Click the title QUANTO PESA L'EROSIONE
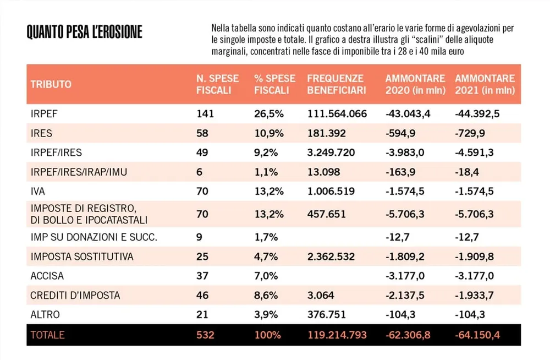pyautogui.click(x=85, y=32)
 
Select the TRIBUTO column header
pyautogui.click(x=51, y=84)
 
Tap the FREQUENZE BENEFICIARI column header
pyautogui.click(x=337, y=84)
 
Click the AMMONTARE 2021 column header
pyautogui.click(x=485, y=84)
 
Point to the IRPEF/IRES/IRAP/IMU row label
pyautogui.click(x=79, y=172)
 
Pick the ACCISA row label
pyautogui.click(x=47, y=276)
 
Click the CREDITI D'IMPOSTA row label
pyautogui.click(x=75, y=296)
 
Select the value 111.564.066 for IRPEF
pyautogui.click(x=337, y=114)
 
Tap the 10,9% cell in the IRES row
pyautogui.click(x=269, y=133)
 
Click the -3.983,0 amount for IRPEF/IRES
pyautogui.click(x=405, y=152)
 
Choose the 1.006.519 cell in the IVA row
pyautogui.click(x=331, y=192)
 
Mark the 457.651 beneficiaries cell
pyautogui.click(x=327, y=214)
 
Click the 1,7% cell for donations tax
pyautogui.click(x=266, y=237)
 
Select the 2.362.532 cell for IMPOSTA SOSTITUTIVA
pyautogui.click(x=331, y=257)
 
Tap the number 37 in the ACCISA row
pyautogui.click(x=202, y=276)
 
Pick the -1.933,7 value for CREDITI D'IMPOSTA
pyautogui.click(x=474, y=296)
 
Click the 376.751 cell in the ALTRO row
pyautogui.click(x=327, y=314)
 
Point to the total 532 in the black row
pyautogui.click(x=205, y=335)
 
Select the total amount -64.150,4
pyautogui.click(x=477, y=335)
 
